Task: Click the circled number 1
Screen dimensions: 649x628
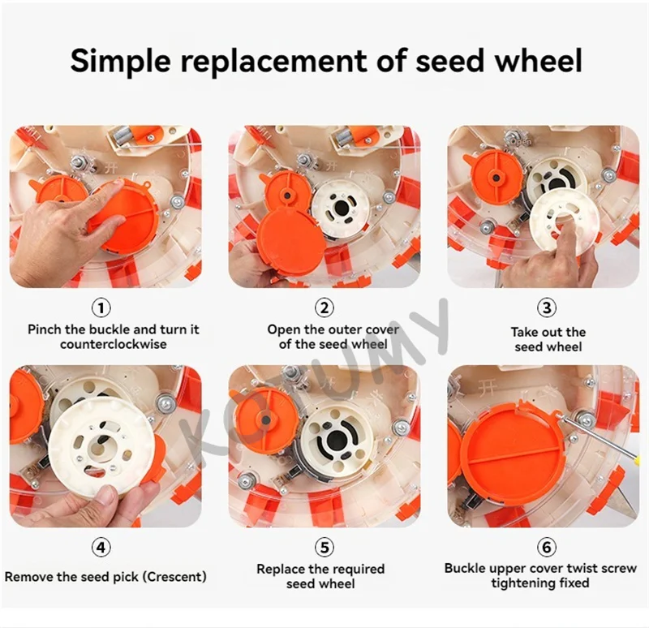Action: click(x=101, y=308)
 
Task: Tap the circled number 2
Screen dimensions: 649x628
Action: click(x=324, y=308)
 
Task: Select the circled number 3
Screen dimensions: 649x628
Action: click(x=547, y=308)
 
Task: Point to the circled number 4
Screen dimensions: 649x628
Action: click(x=101, y=548)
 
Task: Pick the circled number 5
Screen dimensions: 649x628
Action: click(x=324, y=548)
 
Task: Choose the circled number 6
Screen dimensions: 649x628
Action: click(x=547, y=548)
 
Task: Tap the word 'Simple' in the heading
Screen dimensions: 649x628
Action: click(x=120, y=62)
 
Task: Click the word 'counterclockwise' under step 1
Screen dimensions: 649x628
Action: click(x=114, y=344)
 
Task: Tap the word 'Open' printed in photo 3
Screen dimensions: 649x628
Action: click(x=521, y=141)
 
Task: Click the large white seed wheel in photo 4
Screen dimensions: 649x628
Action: click(x=101, y=447)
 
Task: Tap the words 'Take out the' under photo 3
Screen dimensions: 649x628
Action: click(x=548, y=332)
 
